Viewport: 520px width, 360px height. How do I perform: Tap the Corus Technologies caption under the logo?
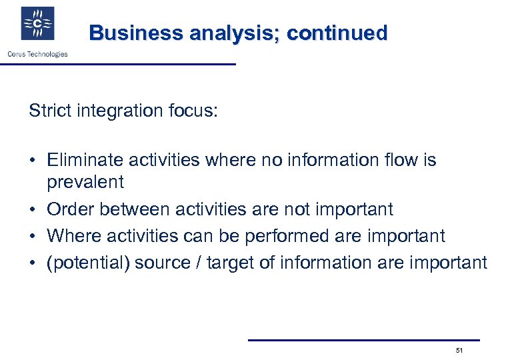pyautogui.click(x=37, y=54)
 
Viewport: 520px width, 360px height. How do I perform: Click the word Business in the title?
pyautogui.click(x=137, y=33)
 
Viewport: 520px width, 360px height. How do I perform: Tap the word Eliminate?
pyautogui.click(x=82, y=160)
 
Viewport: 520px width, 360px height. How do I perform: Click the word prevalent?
pyautogui.click(x=85, y=182)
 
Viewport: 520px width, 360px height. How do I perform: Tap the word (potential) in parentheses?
pyautogui.click(x=88, y=263)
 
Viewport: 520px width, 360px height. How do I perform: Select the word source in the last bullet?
pyautogui.click(x=162, y=263)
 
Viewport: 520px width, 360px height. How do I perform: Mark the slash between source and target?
pyautogui.click(x=197, y=263)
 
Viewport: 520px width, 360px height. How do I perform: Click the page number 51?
pyautogui.click(x=459, y=350)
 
